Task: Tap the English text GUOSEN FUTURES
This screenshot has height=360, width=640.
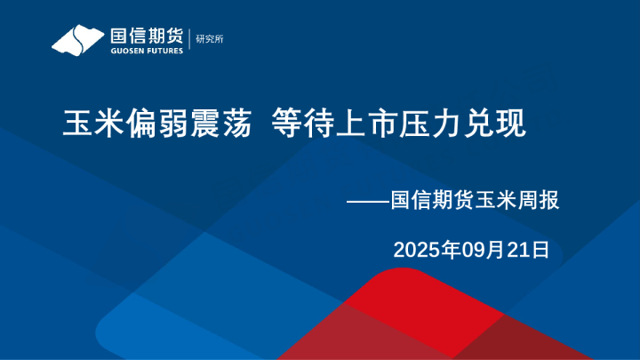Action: coord(147,51)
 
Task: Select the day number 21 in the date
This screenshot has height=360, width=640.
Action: coord(518,250)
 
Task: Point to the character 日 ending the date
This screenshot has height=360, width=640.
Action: coord(540,250)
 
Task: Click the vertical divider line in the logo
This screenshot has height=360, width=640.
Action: coord(189,39)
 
